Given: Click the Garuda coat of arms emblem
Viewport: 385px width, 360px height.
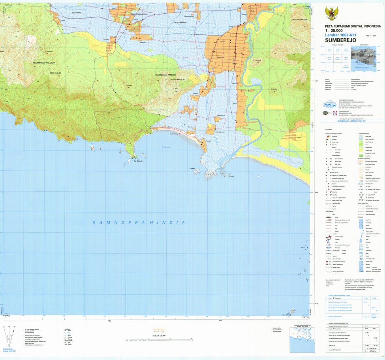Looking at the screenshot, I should point(330,14).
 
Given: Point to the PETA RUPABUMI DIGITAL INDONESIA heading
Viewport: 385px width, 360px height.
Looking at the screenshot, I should point(350,26).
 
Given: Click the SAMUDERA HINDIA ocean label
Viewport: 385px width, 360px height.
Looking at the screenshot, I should point(139,222).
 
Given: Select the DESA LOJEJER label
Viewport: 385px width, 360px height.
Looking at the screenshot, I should point(56,73).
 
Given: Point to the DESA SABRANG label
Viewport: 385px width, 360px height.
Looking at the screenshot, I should point(180,23).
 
